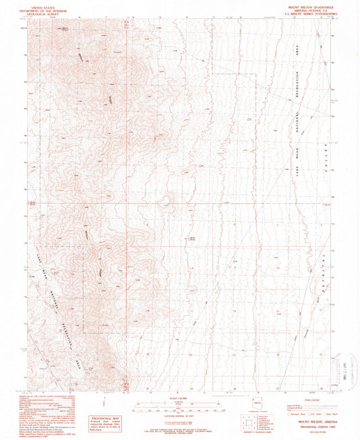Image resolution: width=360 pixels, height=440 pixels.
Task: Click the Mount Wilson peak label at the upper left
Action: click(66, 30)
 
